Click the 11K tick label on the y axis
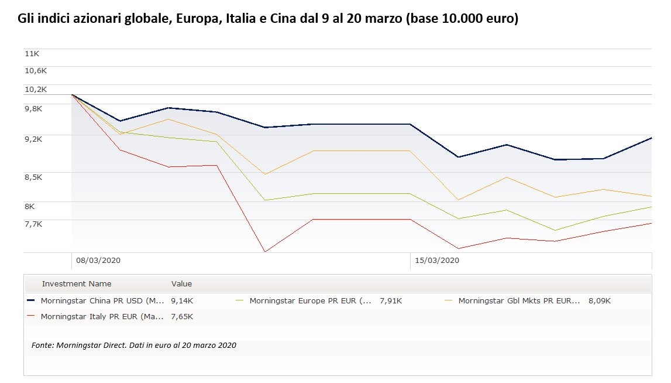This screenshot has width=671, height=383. [x=32, y=53]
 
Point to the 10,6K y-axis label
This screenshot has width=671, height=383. [x=35, y=70]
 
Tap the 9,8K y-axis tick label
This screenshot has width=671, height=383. [x=33, y=108]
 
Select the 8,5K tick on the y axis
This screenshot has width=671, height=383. [x=33, y=177]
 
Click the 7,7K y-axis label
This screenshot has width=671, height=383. [x=33, y=224]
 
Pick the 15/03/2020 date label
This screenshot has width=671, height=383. [x=437, y=260]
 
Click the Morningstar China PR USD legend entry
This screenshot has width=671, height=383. [x=102, y=301]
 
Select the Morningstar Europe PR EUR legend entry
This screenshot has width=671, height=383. [x=310, y=301]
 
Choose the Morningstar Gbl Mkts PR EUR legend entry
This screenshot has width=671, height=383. [x=519, y=301]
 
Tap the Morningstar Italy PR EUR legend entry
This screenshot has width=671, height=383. [x=102, y=317]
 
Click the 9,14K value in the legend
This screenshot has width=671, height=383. [x=182, y=301]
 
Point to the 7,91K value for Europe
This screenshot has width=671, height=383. [x=391, y=301]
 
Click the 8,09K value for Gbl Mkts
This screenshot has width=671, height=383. [x=600, y=301]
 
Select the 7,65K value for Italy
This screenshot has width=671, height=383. [x=182, y=317]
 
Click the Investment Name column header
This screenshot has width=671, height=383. [x=77, y=284]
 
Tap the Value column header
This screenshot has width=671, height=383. [x=181, y=284]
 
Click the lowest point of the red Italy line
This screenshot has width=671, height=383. [x=265, y=252]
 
